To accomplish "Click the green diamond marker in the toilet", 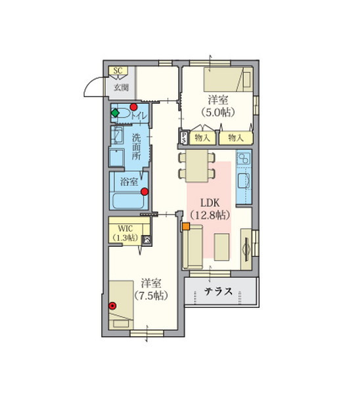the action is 115,113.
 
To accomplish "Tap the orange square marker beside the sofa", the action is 186,226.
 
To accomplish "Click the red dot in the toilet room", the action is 133,107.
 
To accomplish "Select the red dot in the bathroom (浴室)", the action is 145,192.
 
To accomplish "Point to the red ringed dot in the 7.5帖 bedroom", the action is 112,305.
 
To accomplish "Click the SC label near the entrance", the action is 118,71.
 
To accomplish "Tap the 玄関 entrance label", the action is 122,87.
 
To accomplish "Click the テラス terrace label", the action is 218,292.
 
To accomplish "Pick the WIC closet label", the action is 125,229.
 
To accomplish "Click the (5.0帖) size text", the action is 218,112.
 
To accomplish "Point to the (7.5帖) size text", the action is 151,295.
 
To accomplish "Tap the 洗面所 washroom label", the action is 136,146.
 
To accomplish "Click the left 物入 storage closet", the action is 202,138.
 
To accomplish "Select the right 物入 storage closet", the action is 236,138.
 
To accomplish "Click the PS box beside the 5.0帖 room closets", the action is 184,138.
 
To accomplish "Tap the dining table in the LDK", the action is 197,166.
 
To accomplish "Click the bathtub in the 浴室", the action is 128,201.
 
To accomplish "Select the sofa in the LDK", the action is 193,247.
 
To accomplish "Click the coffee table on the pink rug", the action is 221,247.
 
